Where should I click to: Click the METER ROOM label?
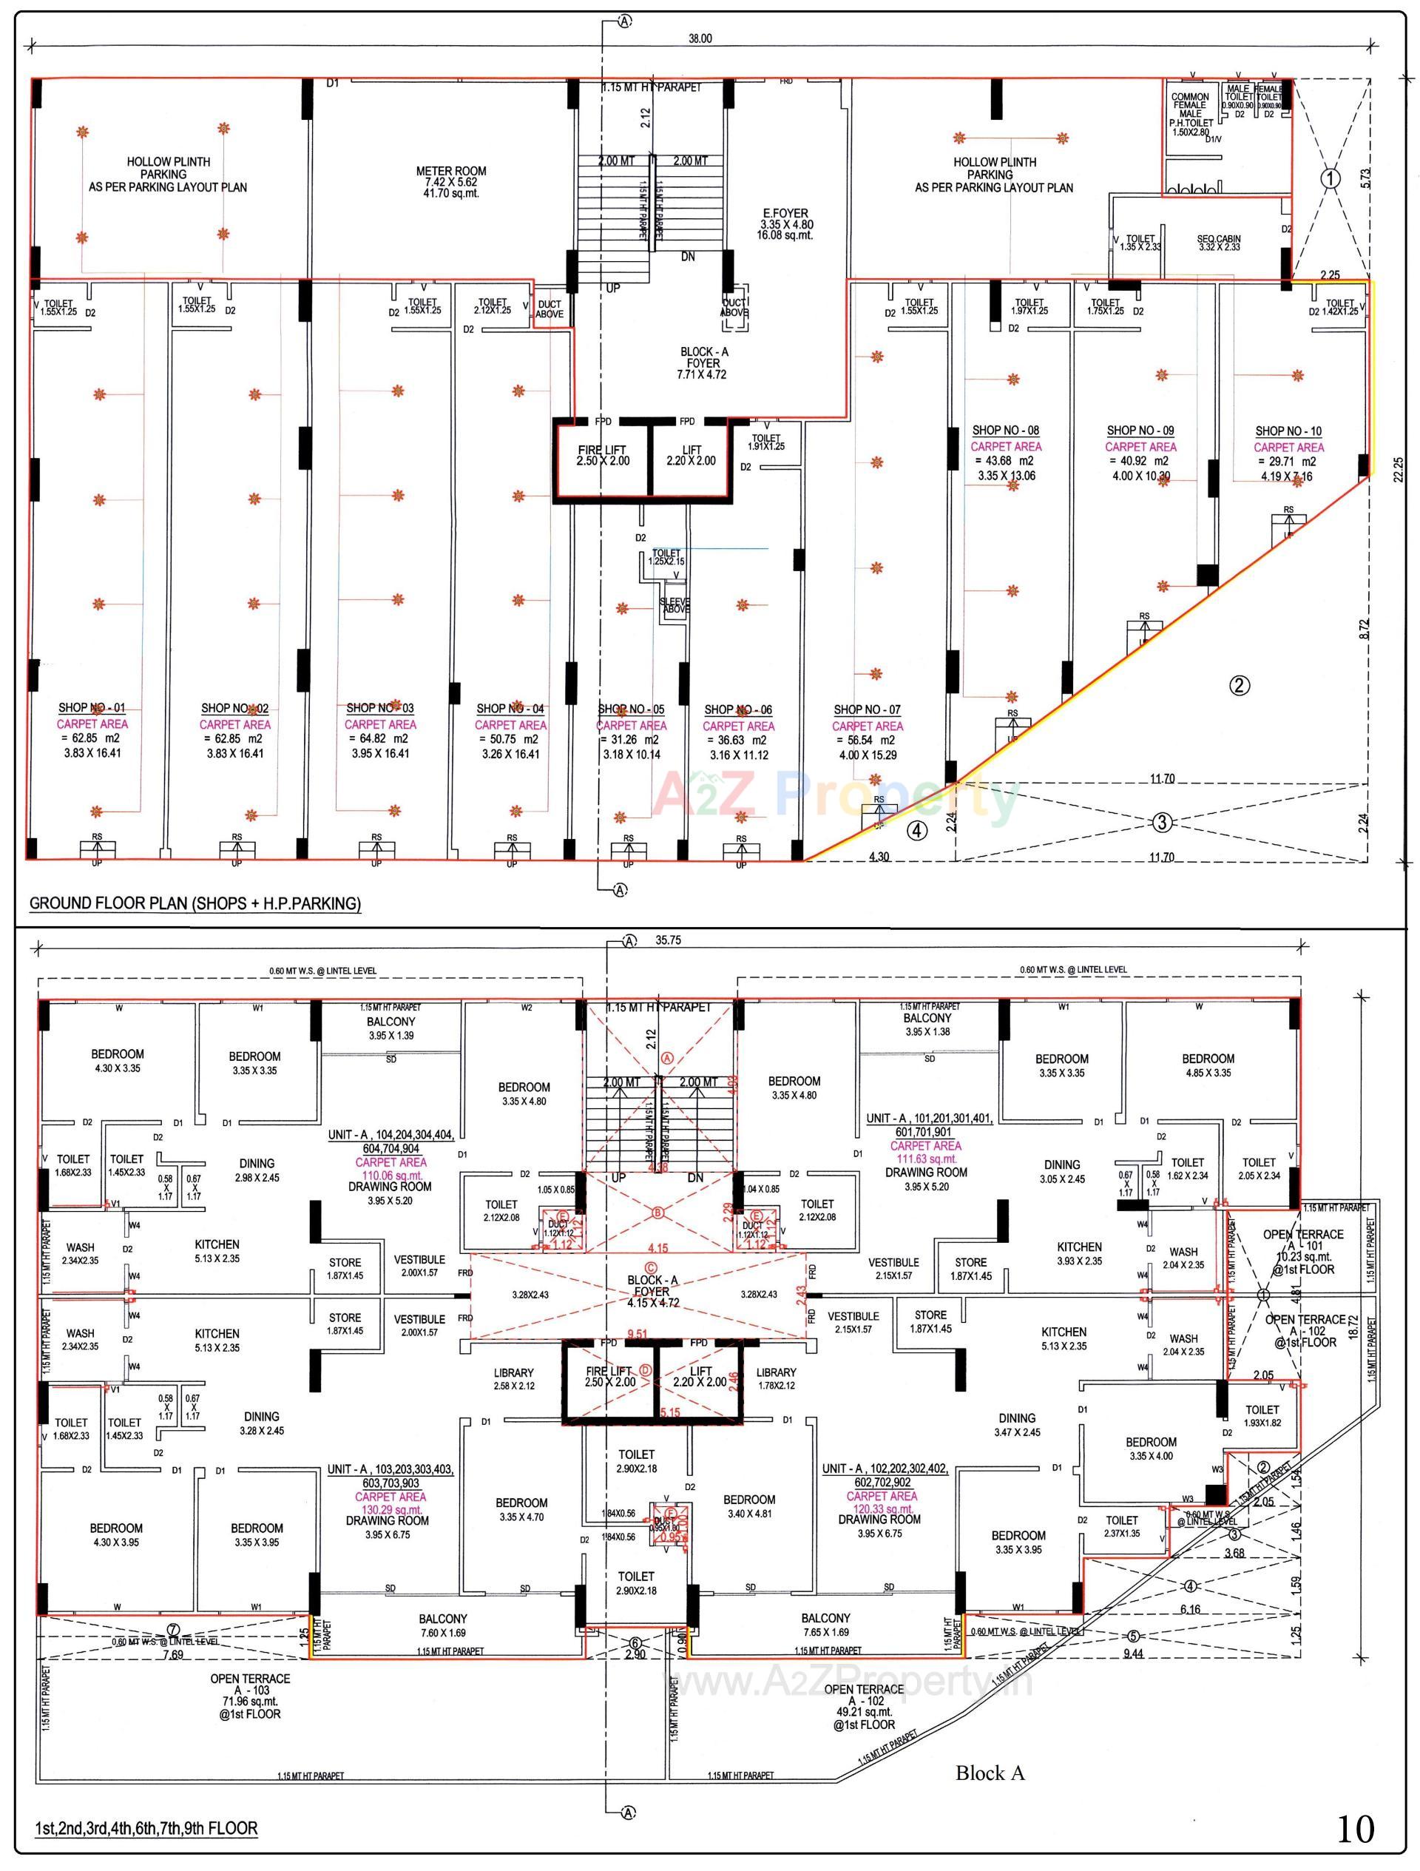point(451,172)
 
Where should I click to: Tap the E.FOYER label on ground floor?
point(784,214)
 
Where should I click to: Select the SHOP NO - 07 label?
point(867,709)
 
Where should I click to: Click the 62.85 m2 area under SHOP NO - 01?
point(92,738)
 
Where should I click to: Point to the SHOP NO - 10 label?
point(1288,431)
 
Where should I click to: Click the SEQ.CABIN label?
point(1219,240)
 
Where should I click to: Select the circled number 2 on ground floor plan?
point(1239,686)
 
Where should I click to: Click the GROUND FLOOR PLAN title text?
point(195,903)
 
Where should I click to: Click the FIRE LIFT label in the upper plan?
point(603,450)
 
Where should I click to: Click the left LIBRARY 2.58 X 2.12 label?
point(513,1373)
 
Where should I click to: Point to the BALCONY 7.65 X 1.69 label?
point(825,1618)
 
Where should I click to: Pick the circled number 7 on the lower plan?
point(173,1629)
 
